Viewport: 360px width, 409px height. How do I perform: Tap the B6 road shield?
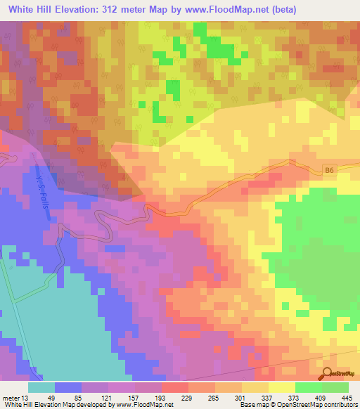pyautogui.click(x=331, y=169)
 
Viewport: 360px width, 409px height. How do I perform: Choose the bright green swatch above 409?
pyautogui.click(x=308, y=387)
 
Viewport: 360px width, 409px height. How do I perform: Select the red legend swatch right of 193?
pyautogui.click(x=174, y=387)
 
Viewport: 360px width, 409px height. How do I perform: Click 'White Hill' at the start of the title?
pyautogui.click(x=29, y=10)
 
